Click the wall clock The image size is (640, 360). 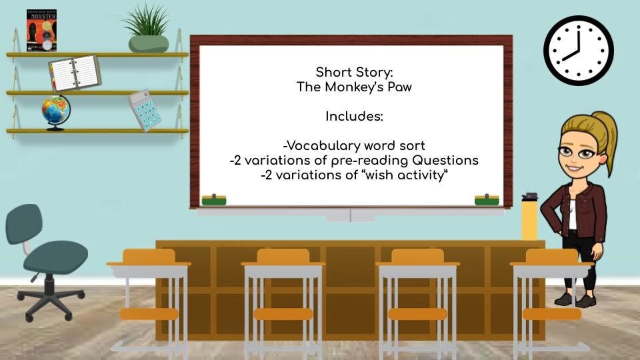[x=578, y=51]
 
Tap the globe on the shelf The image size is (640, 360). [x=55, y=111]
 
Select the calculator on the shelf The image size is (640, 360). [x=144, y=110]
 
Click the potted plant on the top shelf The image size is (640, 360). [x=148, y=30]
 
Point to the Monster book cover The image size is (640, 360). [x=41, y=31]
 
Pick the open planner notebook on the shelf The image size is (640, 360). [x=75, y=73]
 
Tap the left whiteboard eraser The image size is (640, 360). [x=214, y=199]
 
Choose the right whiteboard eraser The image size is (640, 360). [x=487, y=199]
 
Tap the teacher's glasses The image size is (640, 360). [x=577, y=153]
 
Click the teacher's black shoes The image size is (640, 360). [x=575, y=299]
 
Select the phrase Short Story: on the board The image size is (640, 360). [x=354, y=72]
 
